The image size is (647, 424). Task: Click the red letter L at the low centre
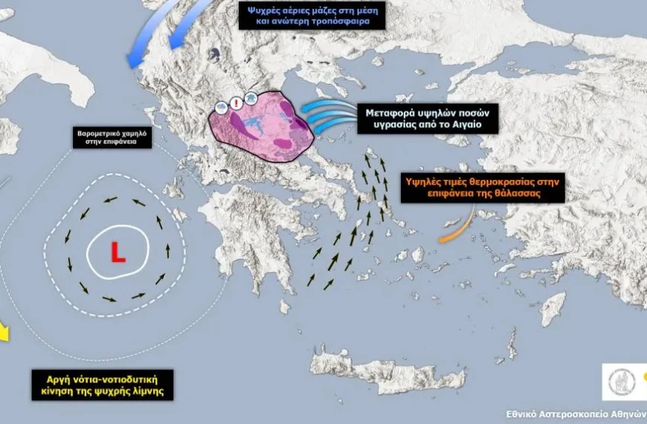tap(118, 253)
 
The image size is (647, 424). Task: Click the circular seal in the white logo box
tap(619, 382)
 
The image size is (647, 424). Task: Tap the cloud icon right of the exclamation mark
tap(250, 99)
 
